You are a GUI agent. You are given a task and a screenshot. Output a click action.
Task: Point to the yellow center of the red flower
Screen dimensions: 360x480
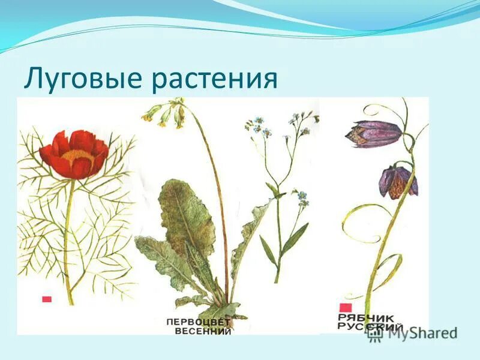click(77, 158)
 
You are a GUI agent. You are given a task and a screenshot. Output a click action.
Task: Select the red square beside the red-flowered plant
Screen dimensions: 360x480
click(46, 299)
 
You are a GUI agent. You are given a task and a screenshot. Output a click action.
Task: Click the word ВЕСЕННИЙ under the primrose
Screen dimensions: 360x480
click(202, 331)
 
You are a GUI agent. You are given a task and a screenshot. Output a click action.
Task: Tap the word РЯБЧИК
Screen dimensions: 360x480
click(367, 317)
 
